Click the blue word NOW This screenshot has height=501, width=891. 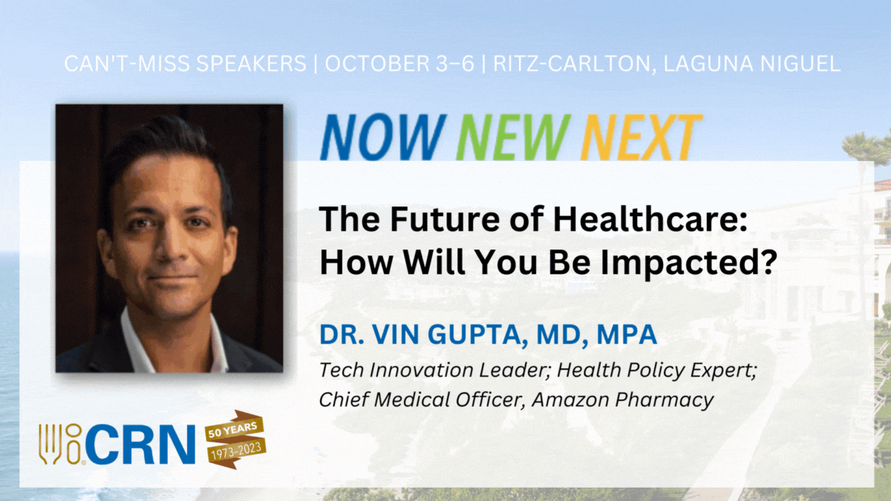point(383,137)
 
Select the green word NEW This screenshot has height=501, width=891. point(513,137)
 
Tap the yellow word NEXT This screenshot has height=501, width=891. point(642,137)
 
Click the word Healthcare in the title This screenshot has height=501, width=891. point(651,220)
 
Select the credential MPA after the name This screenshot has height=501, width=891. point(627,335)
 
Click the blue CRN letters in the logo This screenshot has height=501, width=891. point(140,444)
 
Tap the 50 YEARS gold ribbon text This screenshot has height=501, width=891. point(232,430)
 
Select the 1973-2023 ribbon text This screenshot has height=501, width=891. point(237,451)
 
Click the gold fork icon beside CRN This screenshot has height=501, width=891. point(50,444)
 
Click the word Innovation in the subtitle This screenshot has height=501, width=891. point(421,370)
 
